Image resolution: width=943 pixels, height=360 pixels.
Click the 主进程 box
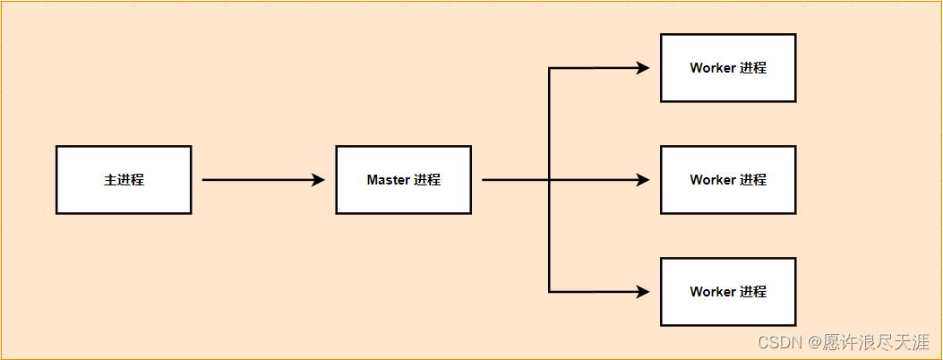[124, 180]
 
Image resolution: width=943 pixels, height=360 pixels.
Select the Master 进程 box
[403, 180]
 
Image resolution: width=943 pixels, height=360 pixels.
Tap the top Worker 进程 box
[728, 68]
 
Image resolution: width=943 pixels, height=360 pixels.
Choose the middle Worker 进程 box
[728, 180]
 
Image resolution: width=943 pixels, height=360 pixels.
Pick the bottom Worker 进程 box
[728, 292]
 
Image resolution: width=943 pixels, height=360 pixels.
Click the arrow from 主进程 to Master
[260, 180]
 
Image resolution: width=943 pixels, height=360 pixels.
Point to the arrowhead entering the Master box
[318, 180]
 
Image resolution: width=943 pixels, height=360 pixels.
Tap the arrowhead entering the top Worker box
[643, 68]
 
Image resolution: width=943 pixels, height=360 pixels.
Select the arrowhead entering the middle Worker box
[643, 180]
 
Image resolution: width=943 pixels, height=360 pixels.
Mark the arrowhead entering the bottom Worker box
[643, 292]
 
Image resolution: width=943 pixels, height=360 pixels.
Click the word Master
[388, 180]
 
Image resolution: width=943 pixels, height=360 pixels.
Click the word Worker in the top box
[713, 68]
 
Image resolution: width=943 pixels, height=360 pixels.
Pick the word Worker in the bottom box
[713, 292]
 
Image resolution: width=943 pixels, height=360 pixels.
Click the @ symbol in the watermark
[814, 341]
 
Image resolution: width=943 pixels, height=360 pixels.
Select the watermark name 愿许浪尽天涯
[878, 341]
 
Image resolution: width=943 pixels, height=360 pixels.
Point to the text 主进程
[124, 180]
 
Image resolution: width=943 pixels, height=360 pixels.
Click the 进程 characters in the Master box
[427, 180]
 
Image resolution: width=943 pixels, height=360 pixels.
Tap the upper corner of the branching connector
[549, 68]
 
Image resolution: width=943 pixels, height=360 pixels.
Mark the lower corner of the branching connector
[549, 292]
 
